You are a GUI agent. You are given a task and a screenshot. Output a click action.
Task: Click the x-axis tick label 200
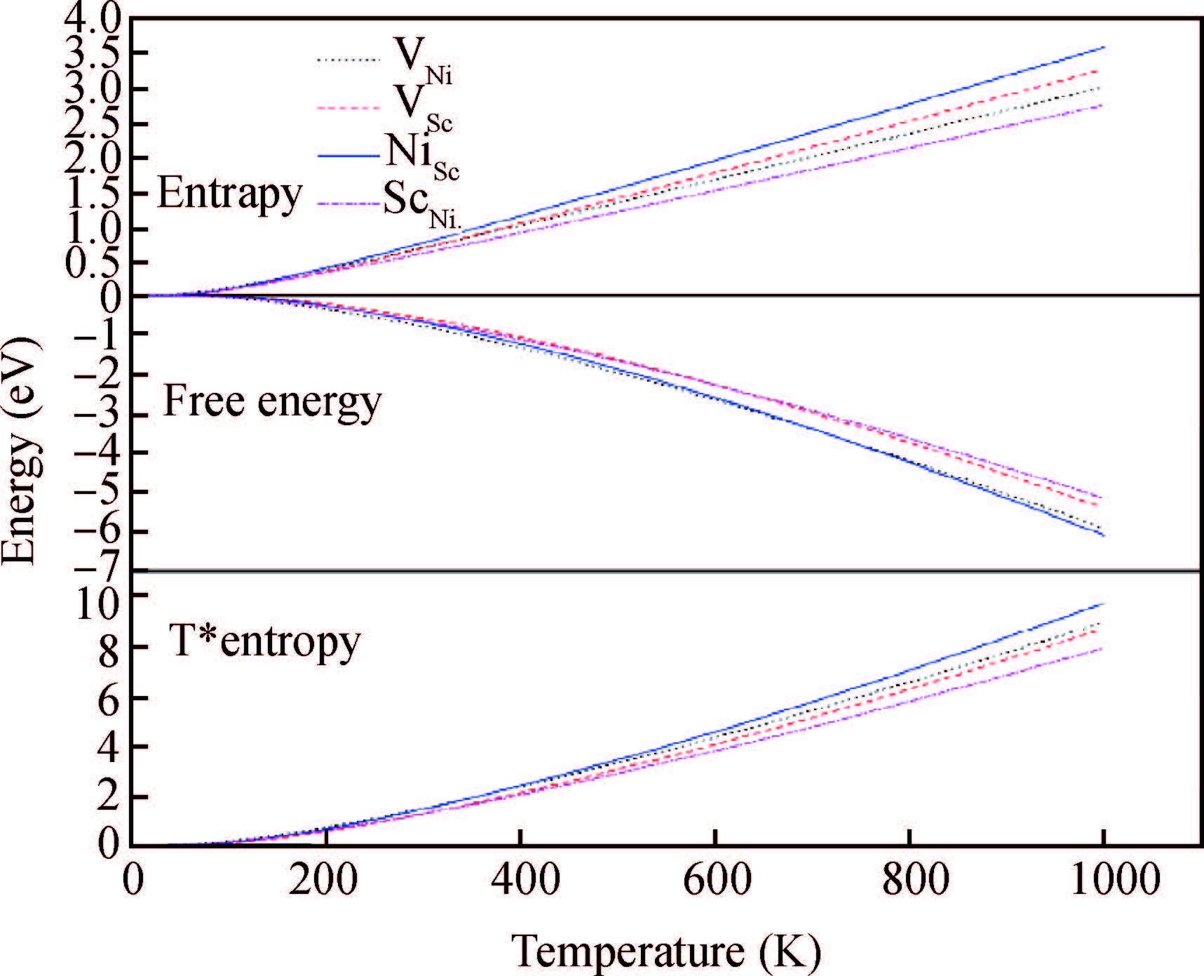(x=323, y=880)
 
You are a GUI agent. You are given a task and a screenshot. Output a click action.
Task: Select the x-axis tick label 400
(x=520, y=880)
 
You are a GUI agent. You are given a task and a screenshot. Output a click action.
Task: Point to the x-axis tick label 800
(x=909, y=880)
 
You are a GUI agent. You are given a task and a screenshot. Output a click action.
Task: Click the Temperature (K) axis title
(x=666, y=951)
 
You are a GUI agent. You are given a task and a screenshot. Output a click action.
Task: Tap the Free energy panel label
(x=272, y=401)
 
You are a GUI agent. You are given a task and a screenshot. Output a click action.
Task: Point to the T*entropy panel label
(x=265, y=640)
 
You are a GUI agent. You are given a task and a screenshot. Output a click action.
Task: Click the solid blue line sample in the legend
(x=349, y=155)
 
